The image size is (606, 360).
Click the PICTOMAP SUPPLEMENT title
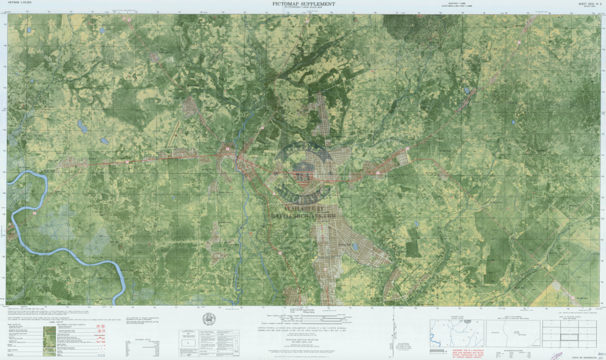[x=304, y=4]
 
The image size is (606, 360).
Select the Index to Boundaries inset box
[x=513, y=333]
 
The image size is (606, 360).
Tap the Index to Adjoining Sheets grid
[x=569, y=334]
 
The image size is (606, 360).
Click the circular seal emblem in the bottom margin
[x=209, y=319]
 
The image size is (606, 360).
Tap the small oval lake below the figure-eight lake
[x=103, y=141]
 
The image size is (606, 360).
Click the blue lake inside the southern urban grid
[x=355, y=246]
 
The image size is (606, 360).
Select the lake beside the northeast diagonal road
[x=467, y=90]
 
